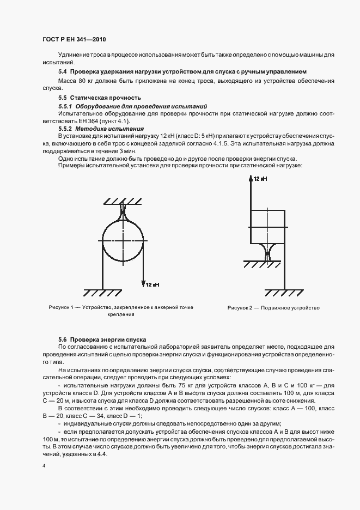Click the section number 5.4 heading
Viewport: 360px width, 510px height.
[x=62, y=71]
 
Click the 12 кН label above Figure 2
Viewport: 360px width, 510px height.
[x=259, y=179]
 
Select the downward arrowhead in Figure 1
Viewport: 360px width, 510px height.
[x=143, y=283]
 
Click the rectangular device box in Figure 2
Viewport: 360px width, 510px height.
[x=267, y=226]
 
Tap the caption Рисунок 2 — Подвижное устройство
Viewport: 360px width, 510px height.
[x=273, y=308]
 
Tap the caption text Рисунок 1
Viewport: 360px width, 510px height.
[x=60, y=308]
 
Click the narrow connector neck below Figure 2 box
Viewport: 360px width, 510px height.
[x=267, y=253]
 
